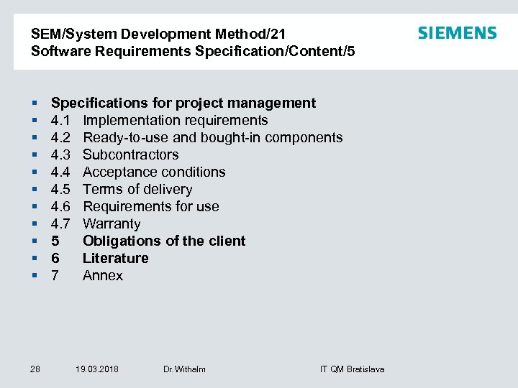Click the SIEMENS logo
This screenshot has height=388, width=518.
(x=457, y=33)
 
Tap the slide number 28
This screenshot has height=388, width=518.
(x=35, y=369)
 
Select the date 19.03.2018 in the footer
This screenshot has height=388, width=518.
(x=97, y=369)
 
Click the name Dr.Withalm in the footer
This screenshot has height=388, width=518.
(x=184, y=369)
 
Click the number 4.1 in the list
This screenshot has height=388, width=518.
(x=60, y=120)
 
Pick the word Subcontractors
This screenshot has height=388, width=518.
(x=130, y=154)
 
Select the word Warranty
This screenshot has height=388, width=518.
(x=112, y=223)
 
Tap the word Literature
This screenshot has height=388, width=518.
(x=116, y=258)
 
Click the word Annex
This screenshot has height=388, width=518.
(x=103, y=275)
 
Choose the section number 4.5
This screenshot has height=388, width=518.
(x=60, y=189)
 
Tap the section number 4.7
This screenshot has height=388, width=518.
(x=60, y=223)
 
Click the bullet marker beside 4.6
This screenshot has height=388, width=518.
(x=35, y=206)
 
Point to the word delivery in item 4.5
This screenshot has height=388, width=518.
(x=167, y=189)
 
